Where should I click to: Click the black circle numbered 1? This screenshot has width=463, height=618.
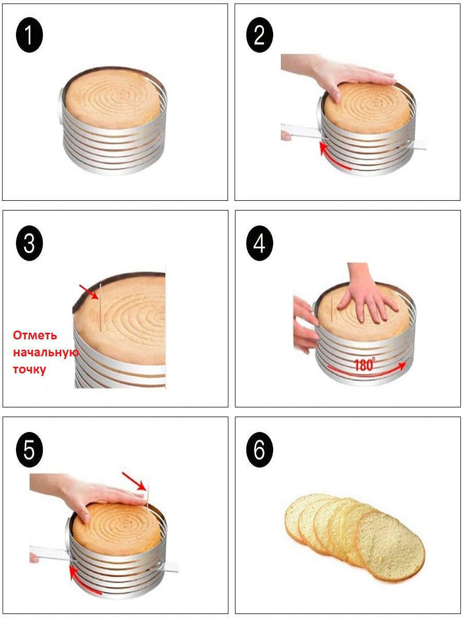29,35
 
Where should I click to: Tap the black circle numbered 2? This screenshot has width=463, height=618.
259,35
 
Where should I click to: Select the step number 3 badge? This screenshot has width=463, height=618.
29,243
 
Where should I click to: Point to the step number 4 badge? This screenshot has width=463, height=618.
259,243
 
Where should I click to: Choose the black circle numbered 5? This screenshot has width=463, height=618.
29,450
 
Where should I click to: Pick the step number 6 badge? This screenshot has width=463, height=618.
259,450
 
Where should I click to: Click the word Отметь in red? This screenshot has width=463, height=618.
35,335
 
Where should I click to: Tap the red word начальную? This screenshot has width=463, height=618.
46,352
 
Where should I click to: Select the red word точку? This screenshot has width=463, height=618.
29,369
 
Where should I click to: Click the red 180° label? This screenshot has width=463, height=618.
365,365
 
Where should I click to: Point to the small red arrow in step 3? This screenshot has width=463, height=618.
88,291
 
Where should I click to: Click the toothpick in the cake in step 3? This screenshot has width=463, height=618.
100,307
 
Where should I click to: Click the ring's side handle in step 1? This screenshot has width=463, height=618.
61,105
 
